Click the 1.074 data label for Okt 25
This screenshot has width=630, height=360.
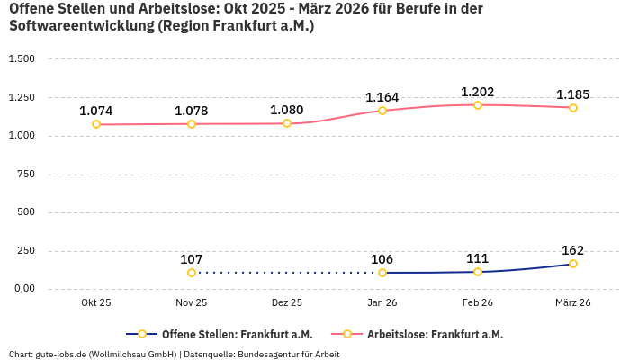click(x=96, y=111)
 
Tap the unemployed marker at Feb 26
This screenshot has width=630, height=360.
click(x=478, y=105)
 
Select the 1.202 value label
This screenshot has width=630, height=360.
click(x=478, y=92)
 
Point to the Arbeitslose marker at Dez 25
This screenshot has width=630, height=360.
click(x=287, y=123)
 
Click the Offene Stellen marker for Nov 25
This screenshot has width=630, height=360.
click(x=192, y=273)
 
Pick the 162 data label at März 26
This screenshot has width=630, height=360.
click(x=573, y=250)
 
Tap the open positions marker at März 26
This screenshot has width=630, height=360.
click(x=573, y=264)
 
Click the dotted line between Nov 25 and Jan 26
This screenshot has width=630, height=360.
click(x=287, y=273)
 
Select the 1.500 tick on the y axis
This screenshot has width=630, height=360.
click(x=22, y=59)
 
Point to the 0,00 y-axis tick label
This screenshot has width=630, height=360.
click(x=22, y=289)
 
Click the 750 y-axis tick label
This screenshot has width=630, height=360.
click(x=26, y=175)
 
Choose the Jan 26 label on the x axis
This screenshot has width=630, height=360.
click(x=382, y=303)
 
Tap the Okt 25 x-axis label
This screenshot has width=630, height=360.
click(x=96, y=303)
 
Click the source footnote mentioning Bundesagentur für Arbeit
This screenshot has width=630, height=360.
click(x=174, y=354)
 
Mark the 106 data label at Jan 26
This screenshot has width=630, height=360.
click(x=382, y=259)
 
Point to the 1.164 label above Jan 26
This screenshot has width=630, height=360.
click(x=382, y=97)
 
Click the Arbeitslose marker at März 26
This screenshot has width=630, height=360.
click(x=573, y=108)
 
